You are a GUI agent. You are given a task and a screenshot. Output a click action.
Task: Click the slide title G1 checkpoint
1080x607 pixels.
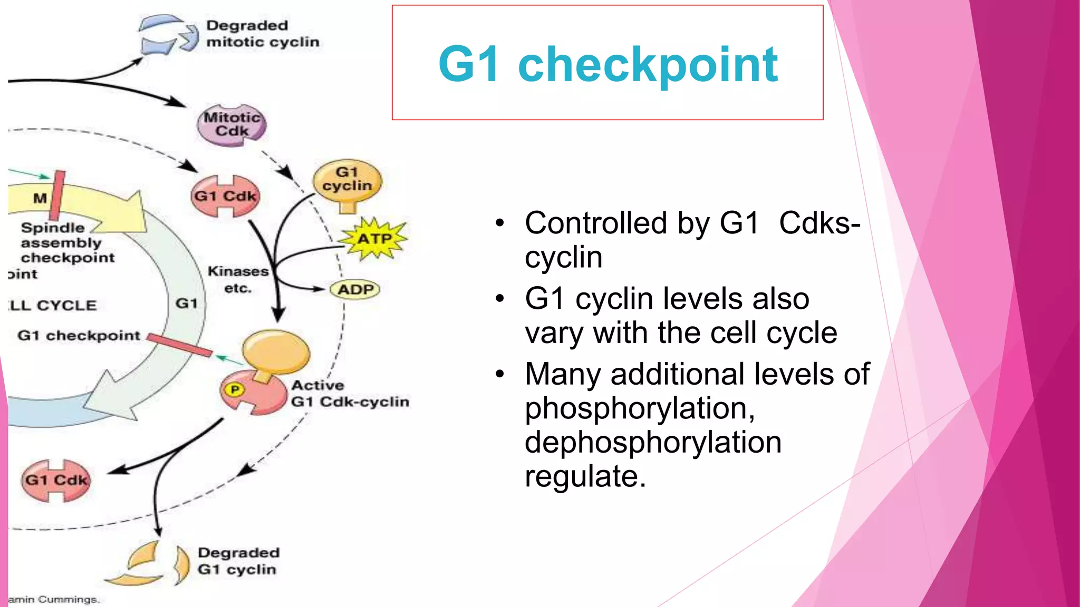(x=607, y=64)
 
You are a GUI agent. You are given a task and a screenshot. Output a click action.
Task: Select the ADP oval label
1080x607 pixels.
(x=355, y=289)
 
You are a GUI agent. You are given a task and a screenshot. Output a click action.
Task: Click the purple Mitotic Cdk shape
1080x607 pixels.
(x=232, y=125)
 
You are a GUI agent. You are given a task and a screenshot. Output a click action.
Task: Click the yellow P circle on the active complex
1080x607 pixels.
(x=235, y=389)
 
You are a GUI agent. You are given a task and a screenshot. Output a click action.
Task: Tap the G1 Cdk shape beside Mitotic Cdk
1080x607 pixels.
(x=225, y=197)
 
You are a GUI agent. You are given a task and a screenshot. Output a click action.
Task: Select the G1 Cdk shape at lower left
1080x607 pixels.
(x=56, y=480)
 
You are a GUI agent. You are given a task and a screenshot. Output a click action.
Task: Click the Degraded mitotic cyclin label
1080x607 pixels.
(x=262, y=34)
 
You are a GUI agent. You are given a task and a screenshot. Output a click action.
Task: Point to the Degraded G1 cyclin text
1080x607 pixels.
(x=238, y=561)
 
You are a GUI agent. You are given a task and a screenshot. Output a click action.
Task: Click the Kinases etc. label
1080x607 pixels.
(x=237, y=279)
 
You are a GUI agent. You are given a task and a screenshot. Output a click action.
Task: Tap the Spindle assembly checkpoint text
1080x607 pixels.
(x=67, y=242)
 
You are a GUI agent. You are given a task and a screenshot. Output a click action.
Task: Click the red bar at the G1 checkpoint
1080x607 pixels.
(x=179, y=345)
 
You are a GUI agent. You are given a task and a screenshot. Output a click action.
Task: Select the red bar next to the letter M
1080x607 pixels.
(x=57, y=195)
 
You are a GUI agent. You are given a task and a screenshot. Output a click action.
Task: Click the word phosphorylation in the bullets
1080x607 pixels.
(x=639, y=408)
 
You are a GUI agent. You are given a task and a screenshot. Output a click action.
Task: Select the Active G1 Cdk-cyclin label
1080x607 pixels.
(x=350, y=394)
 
